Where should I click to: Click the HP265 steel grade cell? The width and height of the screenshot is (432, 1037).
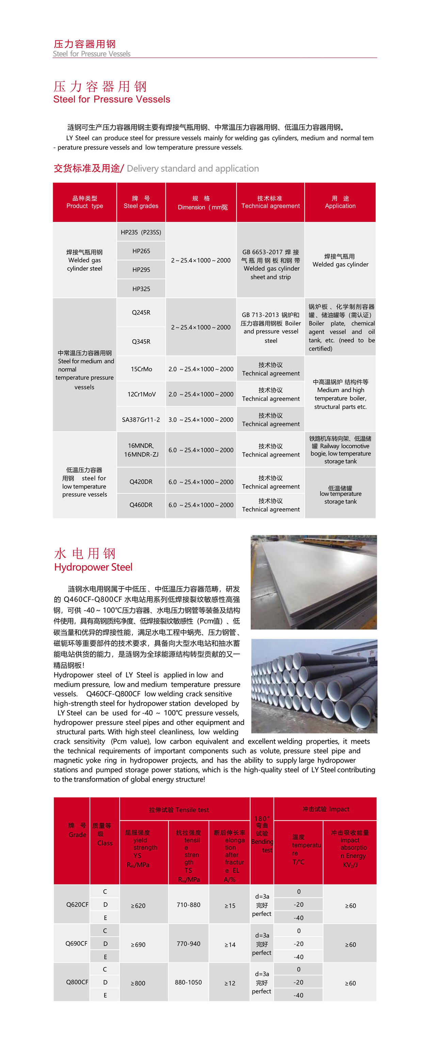[141, 251]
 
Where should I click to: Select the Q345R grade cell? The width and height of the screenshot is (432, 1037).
[141, 341]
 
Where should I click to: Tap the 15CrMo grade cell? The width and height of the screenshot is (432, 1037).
[141, 369]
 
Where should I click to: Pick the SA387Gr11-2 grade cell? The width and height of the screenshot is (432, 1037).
[141, 420]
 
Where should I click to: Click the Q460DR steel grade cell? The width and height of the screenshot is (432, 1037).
[141, 505]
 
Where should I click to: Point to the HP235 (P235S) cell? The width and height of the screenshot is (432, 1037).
[141, 232]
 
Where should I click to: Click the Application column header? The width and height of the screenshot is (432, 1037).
[340, 202]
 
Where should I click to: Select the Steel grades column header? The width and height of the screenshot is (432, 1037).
[141, 202]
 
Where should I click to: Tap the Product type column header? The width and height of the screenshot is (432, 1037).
[85, 202]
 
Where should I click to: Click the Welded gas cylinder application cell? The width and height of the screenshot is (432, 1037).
[340, 260]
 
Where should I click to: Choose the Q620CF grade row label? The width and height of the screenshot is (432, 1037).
[77, 904]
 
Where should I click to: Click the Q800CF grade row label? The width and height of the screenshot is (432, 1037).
[77, 982]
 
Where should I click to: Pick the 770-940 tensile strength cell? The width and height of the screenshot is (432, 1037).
[189, 944]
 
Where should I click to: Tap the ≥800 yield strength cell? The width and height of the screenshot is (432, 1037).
[138, 983]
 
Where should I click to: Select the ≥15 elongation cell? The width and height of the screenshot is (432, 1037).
[230, 906]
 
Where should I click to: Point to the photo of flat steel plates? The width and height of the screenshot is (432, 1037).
[314, 582]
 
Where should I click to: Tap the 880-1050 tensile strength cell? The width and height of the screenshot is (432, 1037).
[189, 982]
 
